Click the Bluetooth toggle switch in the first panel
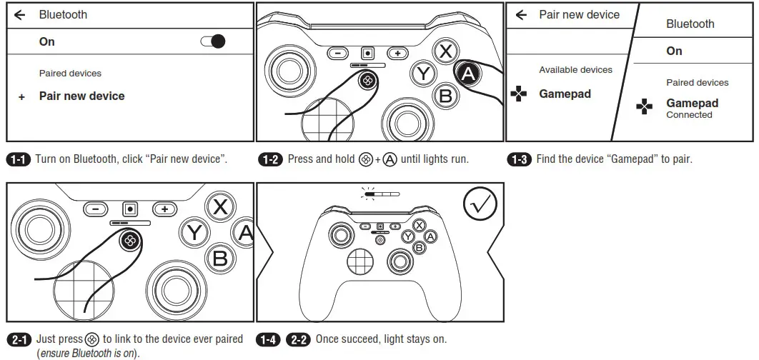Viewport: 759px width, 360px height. (213, 41)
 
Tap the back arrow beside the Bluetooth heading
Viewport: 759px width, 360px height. (20, 14)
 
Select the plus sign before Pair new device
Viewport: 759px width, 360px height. (21, 97)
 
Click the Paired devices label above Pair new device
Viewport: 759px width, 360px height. (70, 73)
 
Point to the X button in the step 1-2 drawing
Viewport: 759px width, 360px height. (446, 51)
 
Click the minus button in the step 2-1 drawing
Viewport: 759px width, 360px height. (96, 209)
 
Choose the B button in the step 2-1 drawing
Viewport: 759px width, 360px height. (221, 258)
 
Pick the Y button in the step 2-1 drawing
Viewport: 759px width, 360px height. (193, 231)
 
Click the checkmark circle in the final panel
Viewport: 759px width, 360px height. (480, 205)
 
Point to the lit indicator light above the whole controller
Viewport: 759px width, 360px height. (371, 193)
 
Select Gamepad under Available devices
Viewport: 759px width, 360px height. (565, 94)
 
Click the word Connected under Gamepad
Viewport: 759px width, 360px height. (689, 115)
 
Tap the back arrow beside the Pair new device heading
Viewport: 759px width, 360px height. (521, 14)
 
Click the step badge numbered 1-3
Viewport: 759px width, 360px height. (518, 159)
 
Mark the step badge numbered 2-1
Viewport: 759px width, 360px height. (18, 339)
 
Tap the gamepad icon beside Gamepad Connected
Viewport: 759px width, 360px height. (645, 107)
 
